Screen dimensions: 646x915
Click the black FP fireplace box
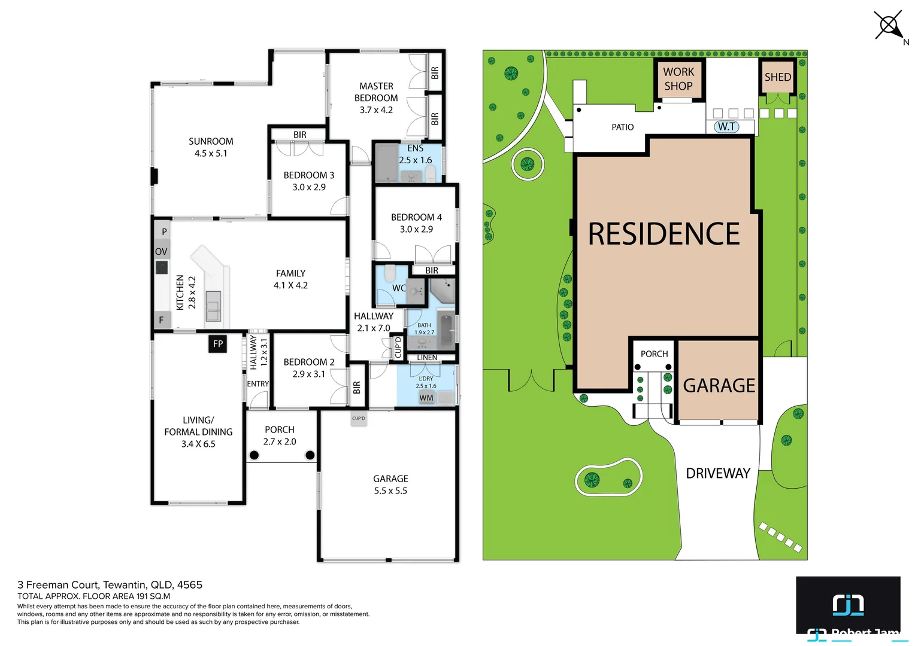218,343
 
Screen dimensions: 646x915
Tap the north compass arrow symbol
889,26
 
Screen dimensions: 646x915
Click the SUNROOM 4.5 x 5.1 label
211,147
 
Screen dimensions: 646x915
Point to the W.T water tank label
726,127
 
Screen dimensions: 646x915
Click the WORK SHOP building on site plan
678,79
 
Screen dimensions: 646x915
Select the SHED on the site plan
777,77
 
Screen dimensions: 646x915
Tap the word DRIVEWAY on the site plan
717,473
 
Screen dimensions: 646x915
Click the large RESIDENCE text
663,234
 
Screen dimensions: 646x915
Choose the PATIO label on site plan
622,127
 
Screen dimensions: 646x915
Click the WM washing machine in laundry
426,398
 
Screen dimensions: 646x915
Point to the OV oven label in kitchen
162,251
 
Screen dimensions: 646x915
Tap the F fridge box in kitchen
162,320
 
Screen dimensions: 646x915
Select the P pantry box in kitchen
164,231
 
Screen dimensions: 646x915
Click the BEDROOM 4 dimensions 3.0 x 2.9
416,229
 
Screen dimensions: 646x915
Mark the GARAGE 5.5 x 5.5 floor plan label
390,484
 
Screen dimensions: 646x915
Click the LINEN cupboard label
427,358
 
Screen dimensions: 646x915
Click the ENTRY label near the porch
258,384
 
